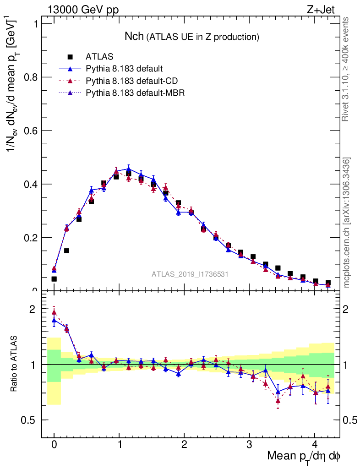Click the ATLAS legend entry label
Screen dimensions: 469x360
coord(99,57)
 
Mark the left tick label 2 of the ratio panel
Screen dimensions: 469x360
coord(32,309)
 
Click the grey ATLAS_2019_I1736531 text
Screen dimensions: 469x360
coord(190,274)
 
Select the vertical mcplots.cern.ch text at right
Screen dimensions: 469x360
coord(347,223)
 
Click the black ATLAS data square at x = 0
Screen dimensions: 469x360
coord(54,278)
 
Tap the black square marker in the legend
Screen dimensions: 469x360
coord(71,57)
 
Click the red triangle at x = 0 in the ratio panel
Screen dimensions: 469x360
coord(54,312)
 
